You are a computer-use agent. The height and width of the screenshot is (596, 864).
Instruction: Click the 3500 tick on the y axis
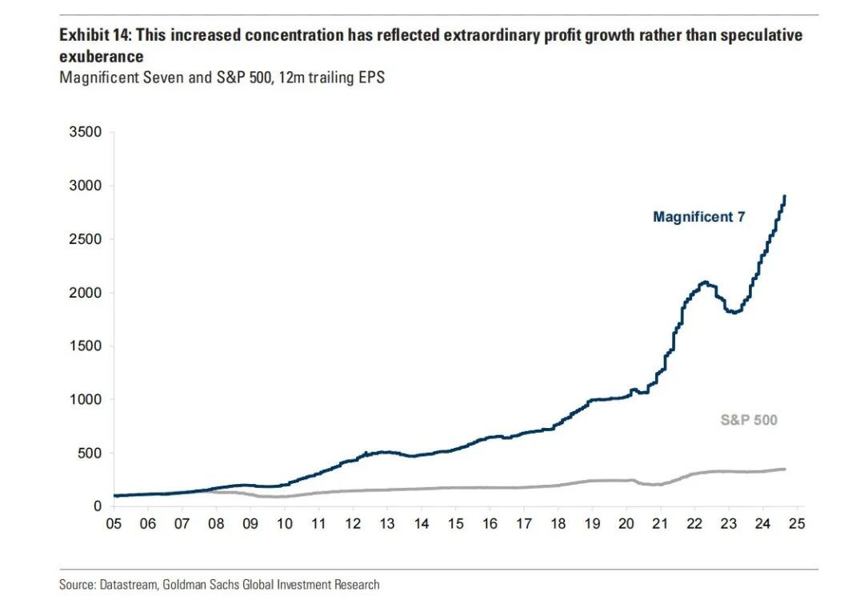tap(86, 132)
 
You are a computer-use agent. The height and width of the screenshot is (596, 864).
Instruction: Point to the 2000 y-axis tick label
tap(86, 293)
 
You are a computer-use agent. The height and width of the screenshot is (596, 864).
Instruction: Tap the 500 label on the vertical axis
tap(90, 453)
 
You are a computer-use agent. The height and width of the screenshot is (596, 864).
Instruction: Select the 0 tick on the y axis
tap(97, 506)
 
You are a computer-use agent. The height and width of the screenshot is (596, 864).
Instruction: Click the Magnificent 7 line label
tap(699, 217)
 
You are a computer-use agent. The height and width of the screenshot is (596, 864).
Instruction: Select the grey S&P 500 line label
tap(748, 420)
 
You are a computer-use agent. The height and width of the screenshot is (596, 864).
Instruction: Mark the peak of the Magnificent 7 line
tap(785, 196)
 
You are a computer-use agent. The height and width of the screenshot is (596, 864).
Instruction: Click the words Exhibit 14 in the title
tap(89, 36)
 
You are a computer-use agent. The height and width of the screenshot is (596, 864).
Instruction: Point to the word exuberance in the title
tap(102, 57)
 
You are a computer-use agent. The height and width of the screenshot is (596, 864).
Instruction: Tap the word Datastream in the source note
tap(126, 585)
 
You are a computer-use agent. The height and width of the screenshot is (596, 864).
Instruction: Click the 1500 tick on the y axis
tap(86, 346)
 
